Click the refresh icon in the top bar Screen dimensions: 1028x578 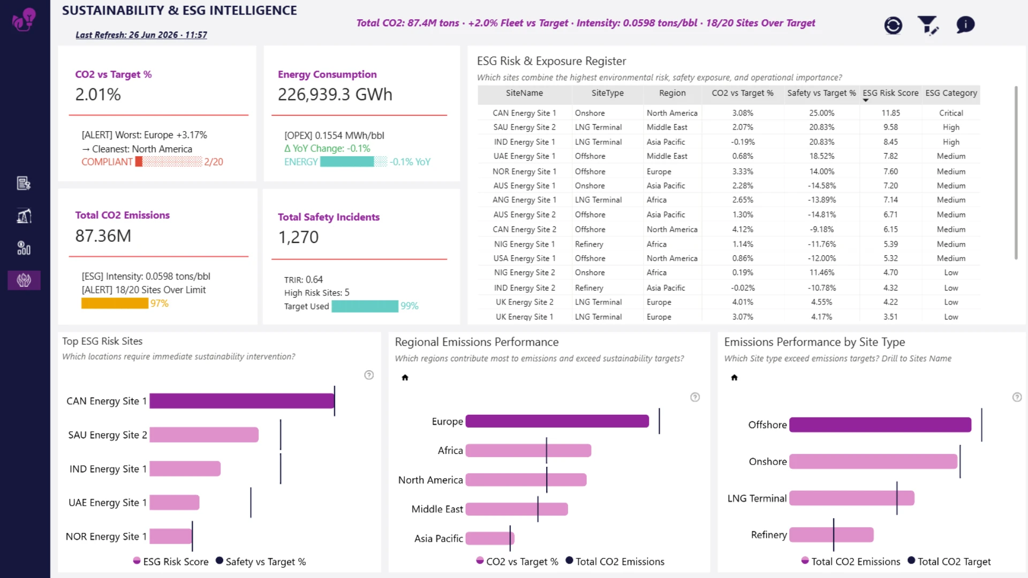click(893, 25)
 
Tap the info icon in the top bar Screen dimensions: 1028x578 click(965, 25)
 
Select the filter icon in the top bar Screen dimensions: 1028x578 click(927, 25)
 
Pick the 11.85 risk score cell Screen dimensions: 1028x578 click(891, 113)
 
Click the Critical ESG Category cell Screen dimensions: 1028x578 click(951, 113)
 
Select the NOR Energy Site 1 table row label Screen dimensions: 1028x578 click(524, 171)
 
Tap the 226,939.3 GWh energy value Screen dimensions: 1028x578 click(335, 94)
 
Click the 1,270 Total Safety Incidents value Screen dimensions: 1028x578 click(298, 237)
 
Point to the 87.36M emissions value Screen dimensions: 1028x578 click(103, 235)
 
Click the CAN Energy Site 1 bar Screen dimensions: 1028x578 click(242, 401)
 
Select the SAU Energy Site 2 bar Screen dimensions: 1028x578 click(204, 435)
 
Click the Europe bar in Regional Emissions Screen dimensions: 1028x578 click(557, 421)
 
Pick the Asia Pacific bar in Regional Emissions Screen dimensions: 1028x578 click(490, 538)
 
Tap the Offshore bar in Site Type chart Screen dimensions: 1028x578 click(880, 425)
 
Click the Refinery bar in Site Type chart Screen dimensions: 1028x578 click(832, 535)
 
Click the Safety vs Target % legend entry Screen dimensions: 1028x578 click(261, 561)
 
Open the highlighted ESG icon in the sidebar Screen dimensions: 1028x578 click(24, 280)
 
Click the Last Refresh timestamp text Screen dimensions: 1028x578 click(141, 35)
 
